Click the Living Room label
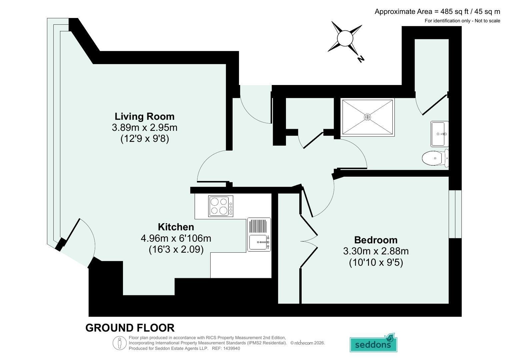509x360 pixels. coord(145,116)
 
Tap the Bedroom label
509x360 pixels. coord(376,240)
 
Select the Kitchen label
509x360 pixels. coord(176,227)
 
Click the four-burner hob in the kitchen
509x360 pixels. coord(221,206)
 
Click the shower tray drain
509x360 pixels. coord(367,117)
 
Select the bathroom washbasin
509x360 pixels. coord(439,134)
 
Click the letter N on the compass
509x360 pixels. coord(361,59)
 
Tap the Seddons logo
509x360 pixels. coord(373,343)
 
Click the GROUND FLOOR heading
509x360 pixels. coord(130,328)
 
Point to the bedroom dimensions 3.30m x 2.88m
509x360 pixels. coord(376,251)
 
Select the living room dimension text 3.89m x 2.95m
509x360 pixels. coord(145,127)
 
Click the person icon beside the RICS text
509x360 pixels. coord(120,343)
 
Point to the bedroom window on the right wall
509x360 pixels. coord(455,214)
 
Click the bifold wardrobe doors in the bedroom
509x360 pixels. coord(309,241)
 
